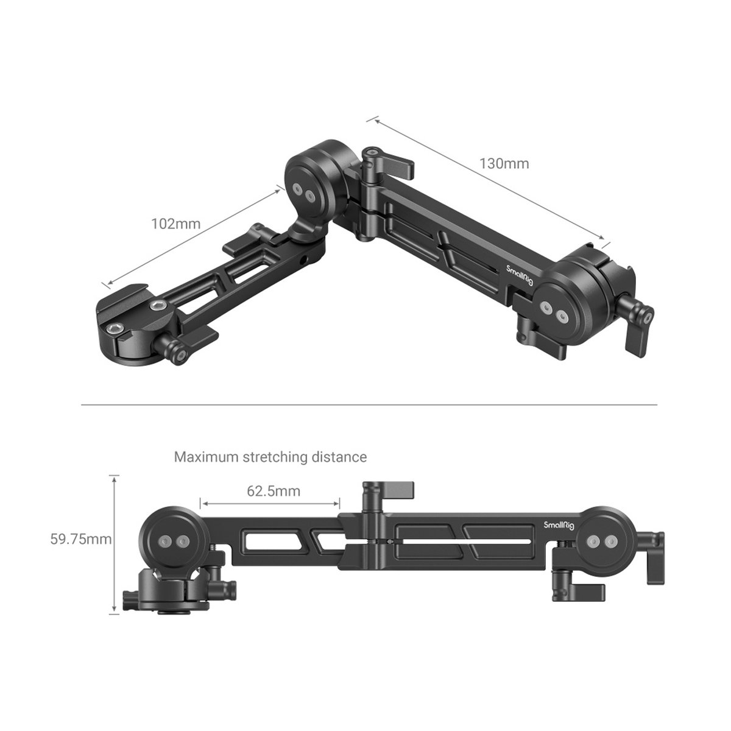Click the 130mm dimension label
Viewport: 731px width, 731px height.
(x=504, y=163)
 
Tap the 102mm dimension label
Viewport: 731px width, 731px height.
(x=175, y=224)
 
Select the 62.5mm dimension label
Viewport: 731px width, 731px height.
(x=274, y=491)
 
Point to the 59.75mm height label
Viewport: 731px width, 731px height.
(x=81, y=539)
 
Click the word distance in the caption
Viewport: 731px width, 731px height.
(x=339, y=457)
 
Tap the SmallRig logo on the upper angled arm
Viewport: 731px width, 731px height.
(x=520, y=278)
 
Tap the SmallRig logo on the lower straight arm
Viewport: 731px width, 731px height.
(x=559, y=525)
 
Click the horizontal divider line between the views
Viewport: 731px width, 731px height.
(x=369, y=404)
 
